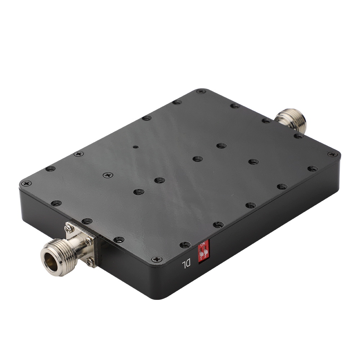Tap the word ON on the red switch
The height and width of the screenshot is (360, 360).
(x=203, y=245)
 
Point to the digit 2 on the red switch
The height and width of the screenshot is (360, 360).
(x=205, y=256)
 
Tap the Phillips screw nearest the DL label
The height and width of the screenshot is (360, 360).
(x=157, y=259)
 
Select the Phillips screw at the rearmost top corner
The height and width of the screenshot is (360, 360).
(x=201, y=91)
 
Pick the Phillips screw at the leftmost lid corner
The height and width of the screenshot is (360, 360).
(x=26, y=183)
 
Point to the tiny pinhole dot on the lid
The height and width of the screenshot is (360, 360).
(x=135, y=147)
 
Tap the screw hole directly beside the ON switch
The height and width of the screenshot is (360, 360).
(x=185, y=245)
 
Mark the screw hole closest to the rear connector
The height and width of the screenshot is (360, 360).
(x=267, y=121)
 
